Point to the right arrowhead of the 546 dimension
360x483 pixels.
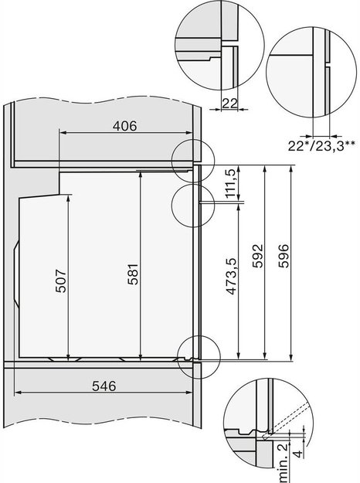coord(188,393)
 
